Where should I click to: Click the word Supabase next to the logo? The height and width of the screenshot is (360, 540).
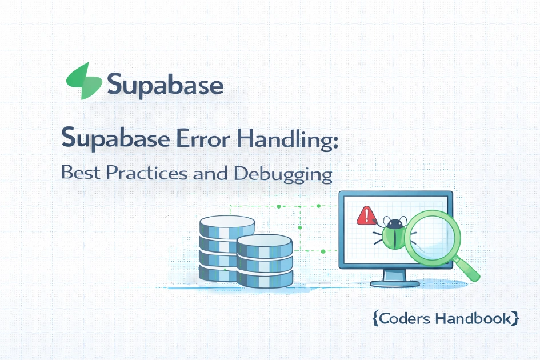point(165,85)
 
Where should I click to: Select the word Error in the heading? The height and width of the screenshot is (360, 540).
point(195,139)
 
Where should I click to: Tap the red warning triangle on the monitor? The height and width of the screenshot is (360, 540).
point(365,215)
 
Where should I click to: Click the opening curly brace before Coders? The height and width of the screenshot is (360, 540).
point(375,318)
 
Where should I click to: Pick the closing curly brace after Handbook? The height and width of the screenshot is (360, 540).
point(516,318)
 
